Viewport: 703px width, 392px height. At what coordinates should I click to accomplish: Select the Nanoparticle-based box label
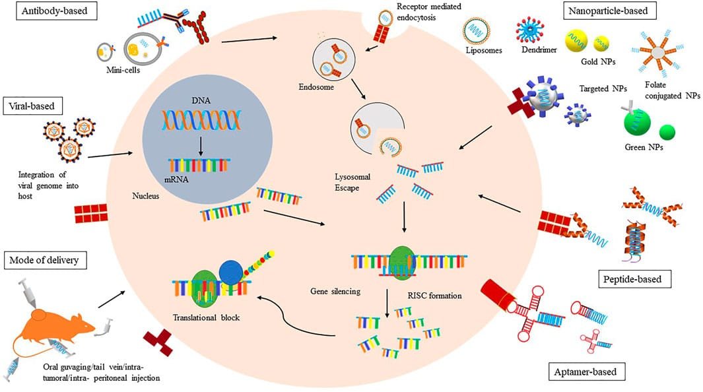point(605,11)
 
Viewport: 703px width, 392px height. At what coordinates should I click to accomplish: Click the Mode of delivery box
point(44,260)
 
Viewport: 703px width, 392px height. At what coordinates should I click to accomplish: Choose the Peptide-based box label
point(638,279)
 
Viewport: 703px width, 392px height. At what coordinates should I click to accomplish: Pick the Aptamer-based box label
point(586,372)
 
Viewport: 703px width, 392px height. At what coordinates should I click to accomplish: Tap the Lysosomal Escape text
point(356,182)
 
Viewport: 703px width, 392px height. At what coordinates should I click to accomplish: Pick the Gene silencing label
point(335,290)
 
